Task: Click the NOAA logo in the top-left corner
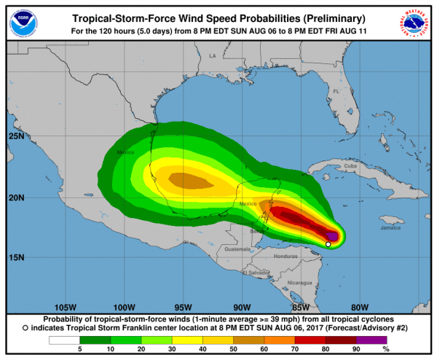(x=20, y=21)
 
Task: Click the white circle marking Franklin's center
(x=328, y=245)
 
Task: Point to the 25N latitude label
(x=17, y=136)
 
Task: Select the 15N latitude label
(x=17, y=257)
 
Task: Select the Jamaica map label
(x=391, y=227)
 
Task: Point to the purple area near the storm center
(x=333, y=236)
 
